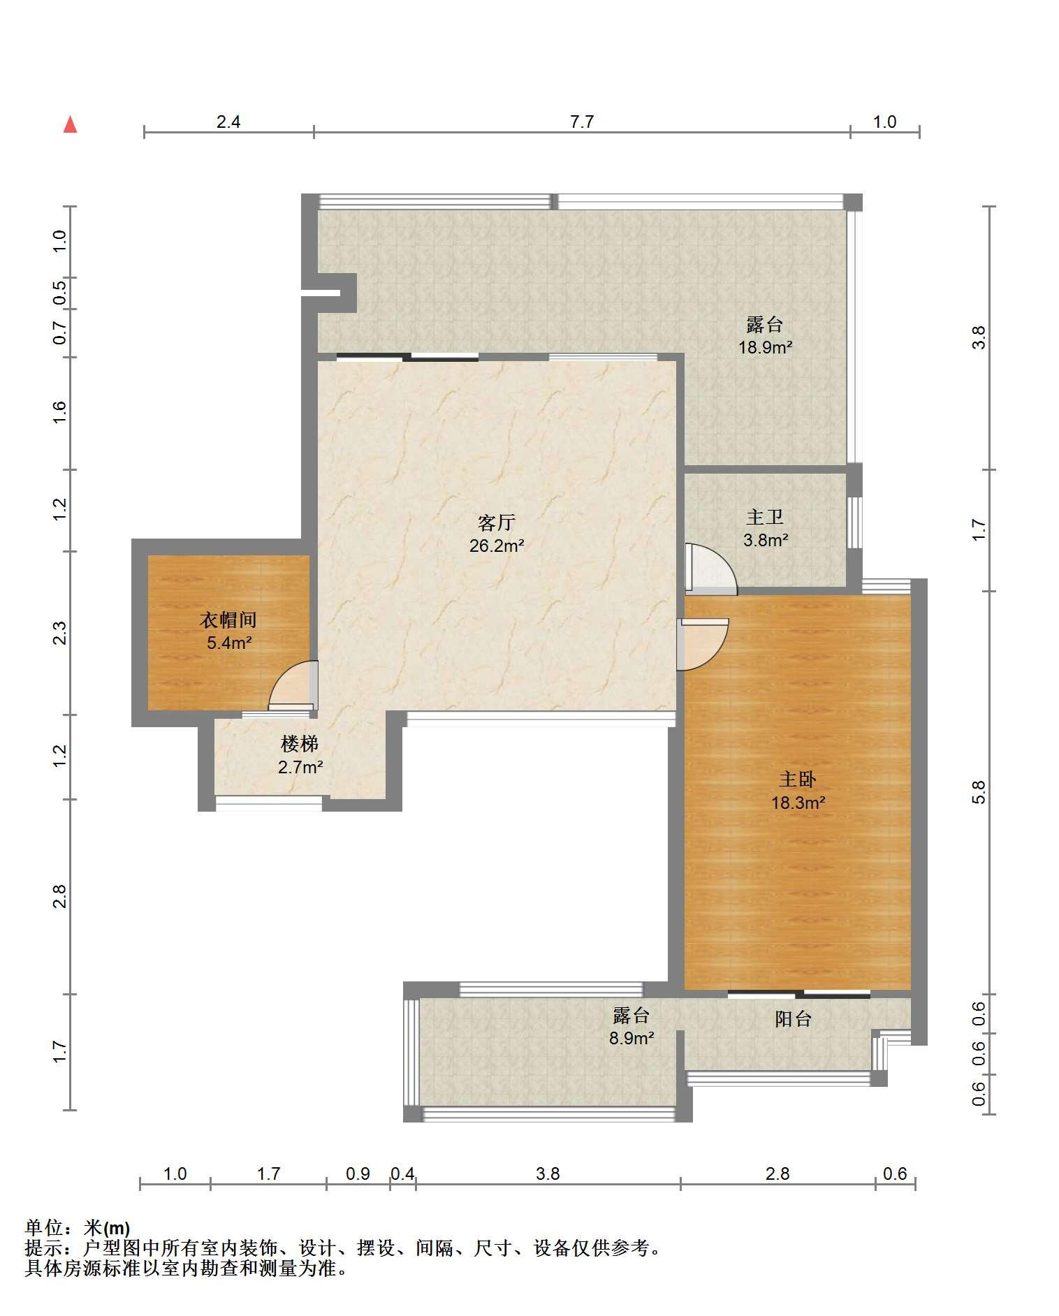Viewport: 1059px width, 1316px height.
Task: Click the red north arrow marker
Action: tap(70, 124)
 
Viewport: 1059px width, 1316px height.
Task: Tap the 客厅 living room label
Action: tap(497, 522)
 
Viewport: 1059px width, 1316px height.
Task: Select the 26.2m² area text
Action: tap(497, 546)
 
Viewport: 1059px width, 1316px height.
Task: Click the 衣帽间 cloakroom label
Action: tap(228, 620)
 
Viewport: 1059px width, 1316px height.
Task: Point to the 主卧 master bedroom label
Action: tap(798, 779)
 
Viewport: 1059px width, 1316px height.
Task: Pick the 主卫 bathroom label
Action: tap(765, 517)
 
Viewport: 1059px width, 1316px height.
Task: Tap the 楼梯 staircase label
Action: tap(300, 744)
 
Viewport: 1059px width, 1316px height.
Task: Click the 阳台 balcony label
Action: tap(793, 1019)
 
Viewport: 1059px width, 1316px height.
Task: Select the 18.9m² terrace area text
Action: tap(766, 347)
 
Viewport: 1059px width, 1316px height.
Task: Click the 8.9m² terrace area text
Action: tap(631, 1038)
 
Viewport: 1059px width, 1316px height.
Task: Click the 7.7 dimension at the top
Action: tap(582, 122)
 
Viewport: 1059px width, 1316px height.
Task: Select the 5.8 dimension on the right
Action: tap(979, 792)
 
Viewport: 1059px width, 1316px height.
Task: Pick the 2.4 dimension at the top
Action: tap(228, 122)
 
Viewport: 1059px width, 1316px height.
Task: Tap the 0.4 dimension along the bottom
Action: tap(402, 1174)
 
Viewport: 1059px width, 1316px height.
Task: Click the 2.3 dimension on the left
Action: tap(60, 633)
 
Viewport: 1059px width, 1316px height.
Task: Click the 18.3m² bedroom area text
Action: tap(798, 803)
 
